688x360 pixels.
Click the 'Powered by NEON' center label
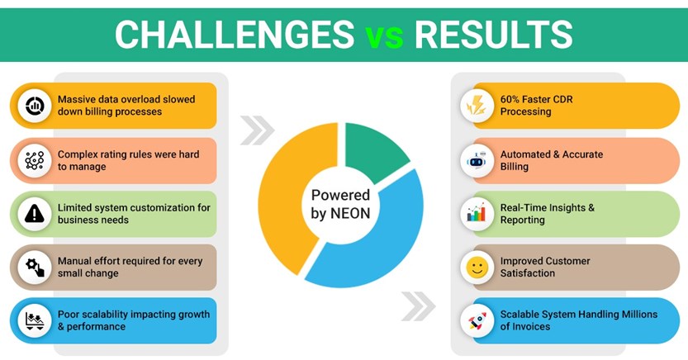point(340,204)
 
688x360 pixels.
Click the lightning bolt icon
point(477,106)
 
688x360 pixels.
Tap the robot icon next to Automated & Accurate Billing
point(477,160)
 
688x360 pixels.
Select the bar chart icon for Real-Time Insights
point(477,213)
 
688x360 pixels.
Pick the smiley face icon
point(477,267)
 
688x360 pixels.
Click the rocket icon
point(477,320)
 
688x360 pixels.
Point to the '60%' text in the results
point(511,100)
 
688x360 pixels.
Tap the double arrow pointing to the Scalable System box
point(418,305)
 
